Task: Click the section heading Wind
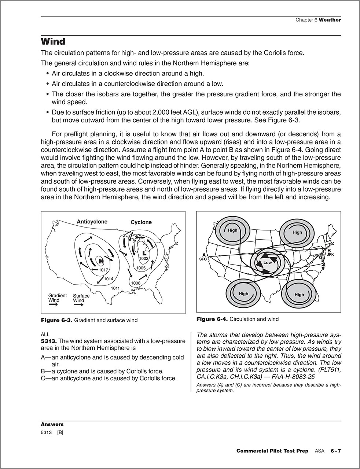click(x=53, y=41)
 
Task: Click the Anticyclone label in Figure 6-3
click(x=92, y=222)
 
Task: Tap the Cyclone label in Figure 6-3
click(x=141, y=222)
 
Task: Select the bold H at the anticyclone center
click(x=100, y=261)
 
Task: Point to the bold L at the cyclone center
click(x=144, y=253)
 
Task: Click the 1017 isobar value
click(x=103, y=270)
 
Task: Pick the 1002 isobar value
click(x=144, y=259)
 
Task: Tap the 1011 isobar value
click(x=116, y=288)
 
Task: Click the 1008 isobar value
click(x=136, y=283)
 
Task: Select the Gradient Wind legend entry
click(x=58, y=298)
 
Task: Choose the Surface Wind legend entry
click(x=81, y=298)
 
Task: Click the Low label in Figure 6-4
click(x=268, y=263)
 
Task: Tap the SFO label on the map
click(x=203, y=259)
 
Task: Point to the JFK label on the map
click(x=330, y=254)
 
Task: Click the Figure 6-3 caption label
click(x=57, y=320)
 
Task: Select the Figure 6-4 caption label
click(x=212, y=319)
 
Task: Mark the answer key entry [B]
click(x=60, y=432)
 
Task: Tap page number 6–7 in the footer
click(x=336, y=451)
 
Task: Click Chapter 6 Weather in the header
click(x=318, y=20)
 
